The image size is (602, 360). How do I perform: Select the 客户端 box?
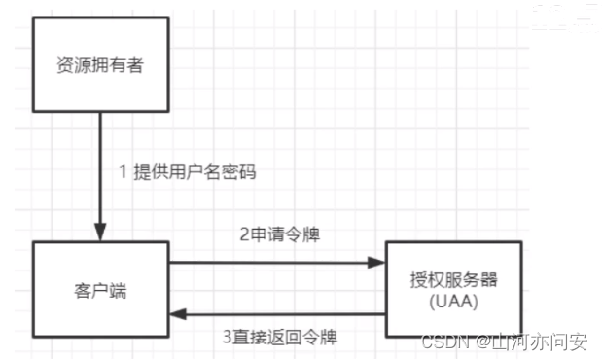pos(100,288)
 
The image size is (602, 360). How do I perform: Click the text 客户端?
pos(100,288)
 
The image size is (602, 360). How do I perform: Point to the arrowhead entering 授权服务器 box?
pos(378,263)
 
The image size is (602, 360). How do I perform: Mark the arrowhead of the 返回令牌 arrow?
pos(178,313)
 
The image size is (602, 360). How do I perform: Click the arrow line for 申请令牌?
pos(272,263)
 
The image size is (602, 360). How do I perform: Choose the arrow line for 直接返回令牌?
pos(282,313)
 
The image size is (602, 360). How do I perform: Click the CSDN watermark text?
pos(443,342)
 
